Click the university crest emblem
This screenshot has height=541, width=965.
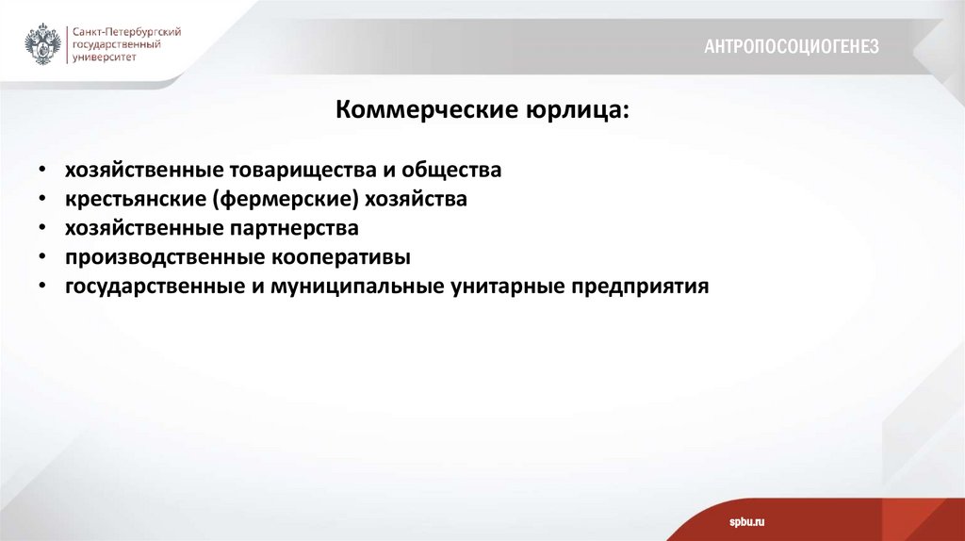tap(43, 43)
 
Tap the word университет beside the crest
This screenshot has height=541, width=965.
tap(106, 57)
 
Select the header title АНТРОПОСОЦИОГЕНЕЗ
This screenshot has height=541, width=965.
tap(792, 46)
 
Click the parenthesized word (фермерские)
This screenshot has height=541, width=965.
tap(280, 200)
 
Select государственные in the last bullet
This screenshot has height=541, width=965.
tap(150, 286)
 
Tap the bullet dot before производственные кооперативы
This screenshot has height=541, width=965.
tap(42, 258)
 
